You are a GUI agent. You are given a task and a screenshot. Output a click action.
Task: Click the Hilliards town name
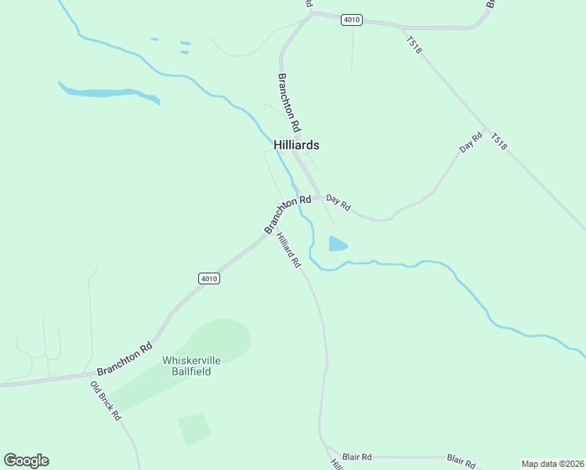tap(296, 145)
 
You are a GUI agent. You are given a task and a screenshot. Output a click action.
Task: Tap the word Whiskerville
tap(191, 360)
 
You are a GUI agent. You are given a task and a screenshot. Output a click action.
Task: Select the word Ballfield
tap(191, 371)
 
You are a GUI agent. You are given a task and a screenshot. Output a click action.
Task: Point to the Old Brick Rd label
tap(106, 401)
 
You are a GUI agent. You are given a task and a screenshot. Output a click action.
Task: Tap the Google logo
tap(26, 461)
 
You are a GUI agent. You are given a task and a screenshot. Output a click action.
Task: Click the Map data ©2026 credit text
tap(552, 463)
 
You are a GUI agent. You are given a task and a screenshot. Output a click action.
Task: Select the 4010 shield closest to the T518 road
tap(352, 20)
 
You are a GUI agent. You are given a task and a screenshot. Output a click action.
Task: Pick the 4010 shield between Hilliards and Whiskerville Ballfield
tap(209, 278)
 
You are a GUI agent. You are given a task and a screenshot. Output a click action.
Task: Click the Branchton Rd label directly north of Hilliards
tap(289, 102)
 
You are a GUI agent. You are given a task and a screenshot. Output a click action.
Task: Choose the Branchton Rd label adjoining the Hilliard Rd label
tap(288, 214)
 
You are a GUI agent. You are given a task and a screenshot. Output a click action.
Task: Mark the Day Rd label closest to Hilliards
tap(338, 202)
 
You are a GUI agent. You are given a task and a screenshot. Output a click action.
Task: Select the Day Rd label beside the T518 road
tap(471, 143)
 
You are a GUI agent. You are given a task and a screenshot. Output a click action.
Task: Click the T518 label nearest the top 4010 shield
tap(414, 45)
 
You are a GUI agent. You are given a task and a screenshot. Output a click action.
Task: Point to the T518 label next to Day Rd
tap(499, 142)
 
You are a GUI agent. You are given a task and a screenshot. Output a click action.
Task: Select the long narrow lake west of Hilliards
tap(106, 93)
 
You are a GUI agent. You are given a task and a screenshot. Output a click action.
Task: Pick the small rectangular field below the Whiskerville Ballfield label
tap(194, 429)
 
